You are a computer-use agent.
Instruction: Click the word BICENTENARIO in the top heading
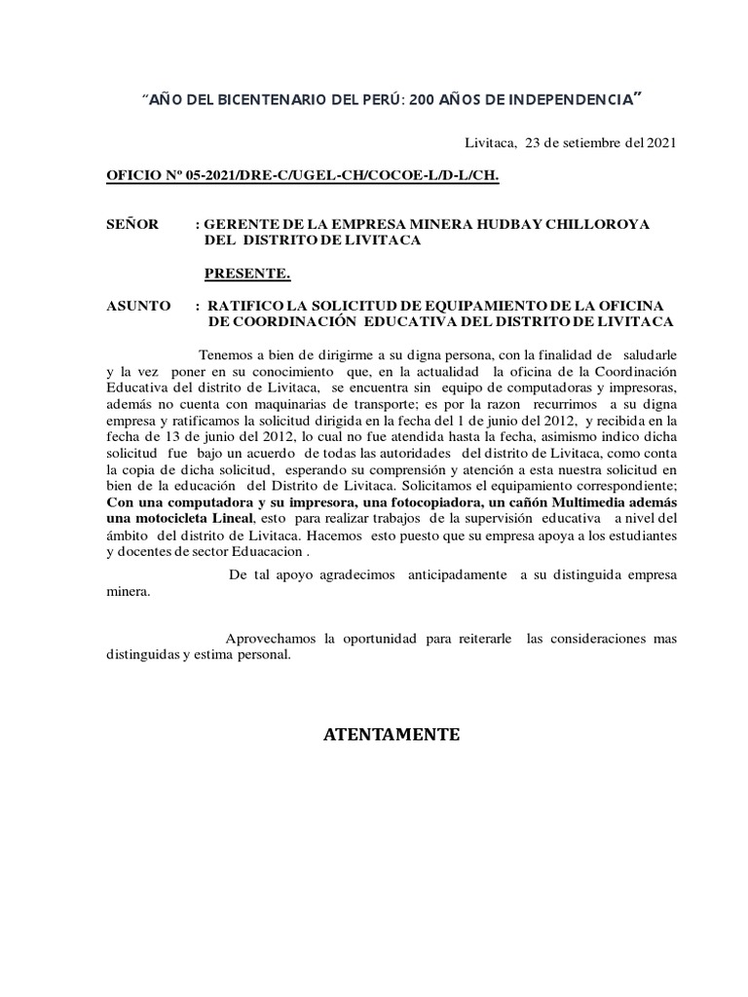(238, 100)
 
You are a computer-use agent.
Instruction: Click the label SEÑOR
(132, 224)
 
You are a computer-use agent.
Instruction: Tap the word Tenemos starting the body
(225, 353)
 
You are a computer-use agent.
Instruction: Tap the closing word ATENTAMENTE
(391, 734)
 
